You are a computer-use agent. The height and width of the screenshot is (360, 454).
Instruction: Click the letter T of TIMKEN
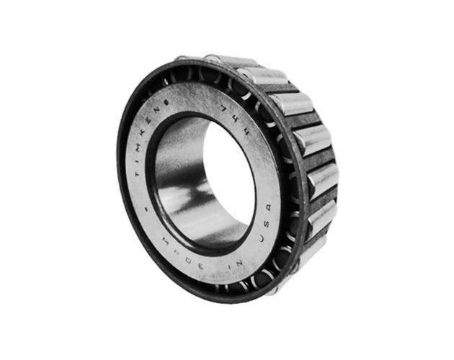[x=137, y=174]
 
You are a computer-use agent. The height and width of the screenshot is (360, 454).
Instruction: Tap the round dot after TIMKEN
[x=166, y=102]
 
